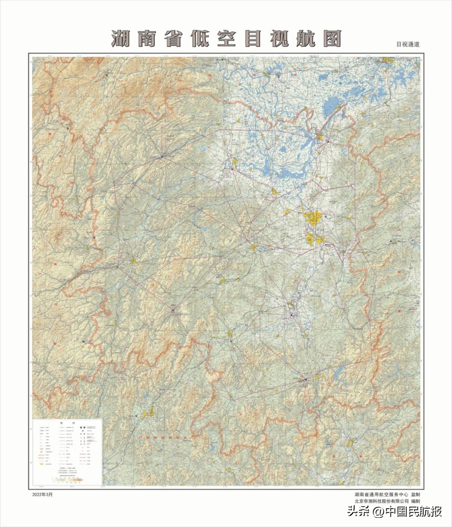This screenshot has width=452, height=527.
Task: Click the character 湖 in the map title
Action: (x=121, y=39)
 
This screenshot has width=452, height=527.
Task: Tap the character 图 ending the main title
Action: (x=331, y=39)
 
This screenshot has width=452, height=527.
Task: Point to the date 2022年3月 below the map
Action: (x=42, y=494)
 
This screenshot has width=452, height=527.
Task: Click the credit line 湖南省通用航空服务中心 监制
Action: (x=387, y=494)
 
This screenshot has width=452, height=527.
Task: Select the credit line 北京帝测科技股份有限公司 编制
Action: (x=387, y=501)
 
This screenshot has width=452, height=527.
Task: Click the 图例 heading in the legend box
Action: (x=67, y=423)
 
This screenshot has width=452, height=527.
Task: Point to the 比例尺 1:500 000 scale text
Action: (x=67, y=468)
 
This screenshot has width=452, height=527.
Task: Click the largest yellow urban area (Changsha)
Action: (x=313, y=218)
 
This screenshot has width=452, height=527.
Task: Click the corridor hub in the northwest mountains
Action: (x=162, y=157)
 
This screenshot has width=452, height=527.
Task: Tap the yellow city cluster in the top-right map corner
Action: (x=387, y=61)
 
